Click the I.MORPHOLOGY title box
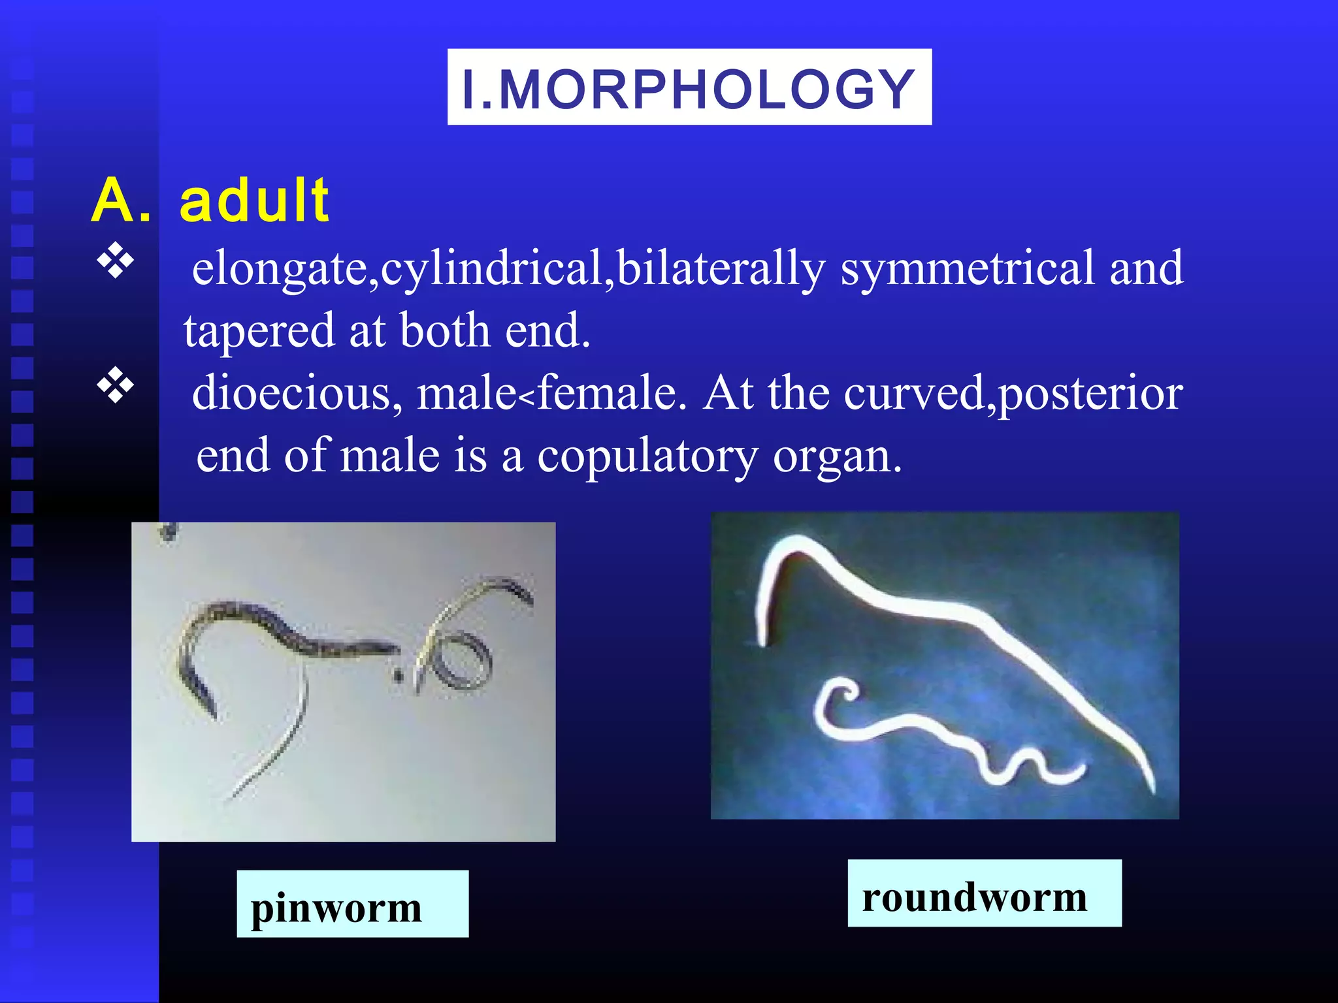point(689,87)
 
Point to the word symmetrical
point(967,269)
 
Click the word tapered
point(259,331)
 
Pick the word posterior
point(1091,394)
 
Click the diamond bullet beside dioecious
point(116,386)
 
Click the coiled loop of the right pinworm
point(465,660)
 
